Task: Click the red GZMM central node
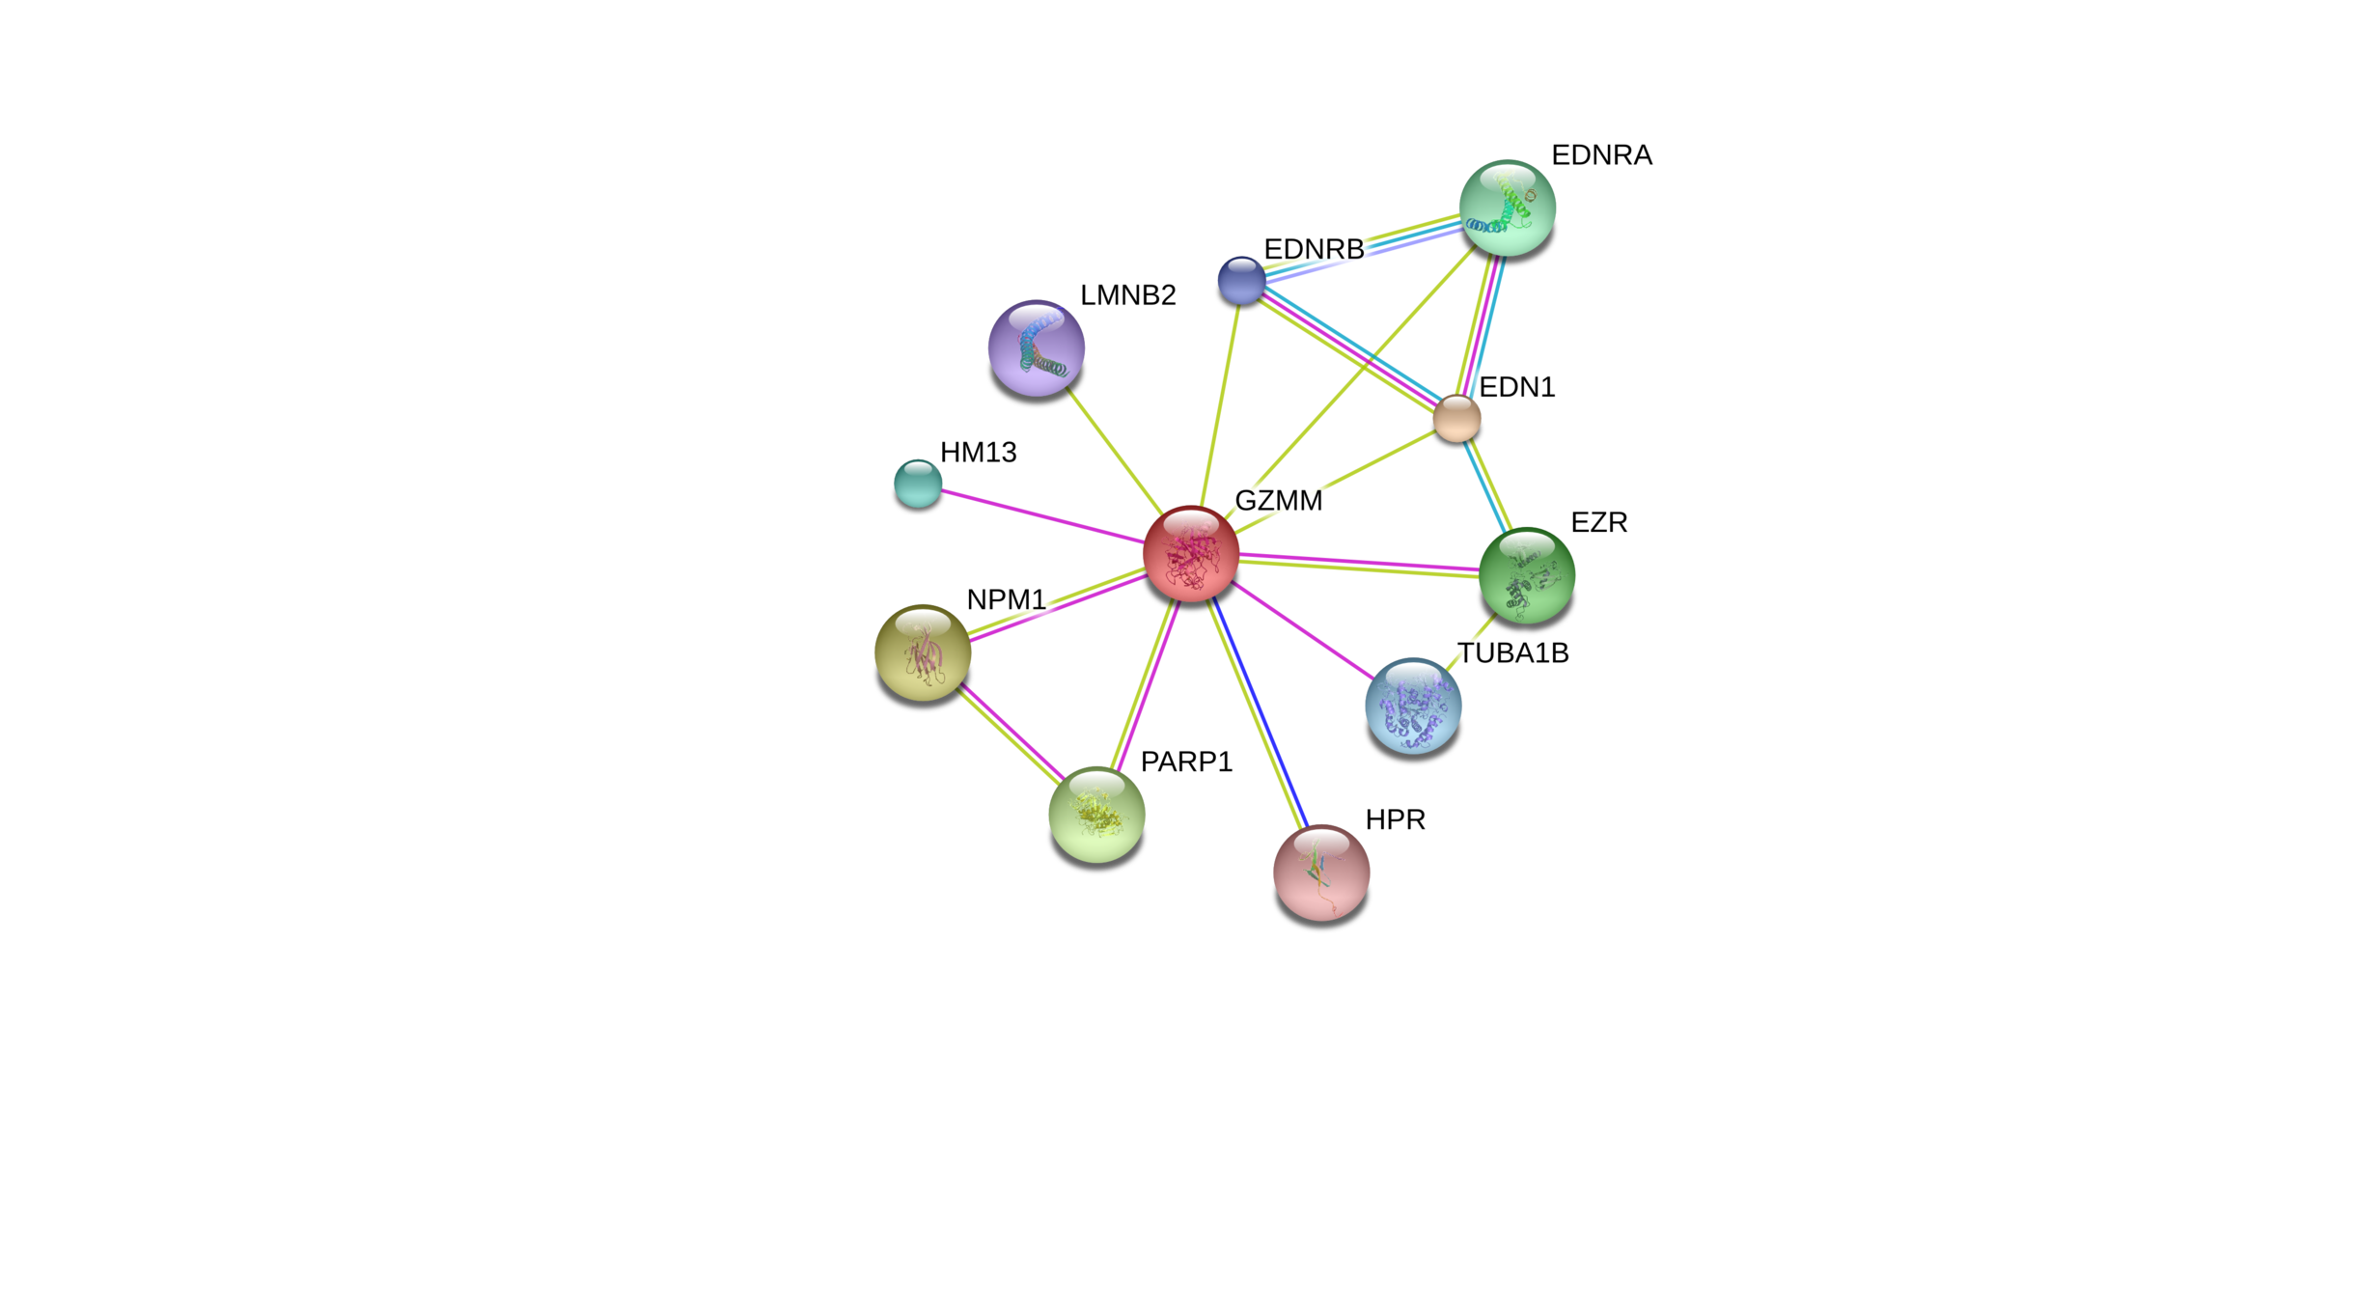click(x=1190, y=553)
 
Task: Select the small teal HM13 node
click(x=917, y=483)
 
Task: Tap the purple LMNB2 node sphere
click(x=1036, y=347)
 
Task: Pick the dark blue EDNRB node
click(x=1240, y=280)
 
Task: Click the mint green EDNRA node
click(x=1507, y=208)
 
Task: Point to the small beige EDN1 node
click(x=1456, y=418)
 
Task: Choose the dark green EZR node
click(x=1526, y=574)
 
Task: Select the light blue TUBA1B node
click(x=1413, y=705)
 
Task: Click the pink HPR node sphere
click(x=1321, y=872)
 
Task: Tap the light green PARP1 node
click(x=1096, y=814)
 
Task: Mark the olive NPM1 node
click(x=923, y=651)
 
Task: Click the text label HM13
click(x=978, y=452)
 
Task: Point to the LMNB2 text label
click(x=1127, y=294)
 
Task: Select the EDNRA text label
click(x=1601, y=154)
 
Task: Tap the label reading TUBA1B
click(x=1512, y=653)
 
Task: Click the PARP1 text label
click(x=1186, y=762)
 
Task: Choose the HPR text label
click(x=1395, y=819)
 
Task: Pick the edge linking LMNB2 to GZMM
click(x=1115, y=451)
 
